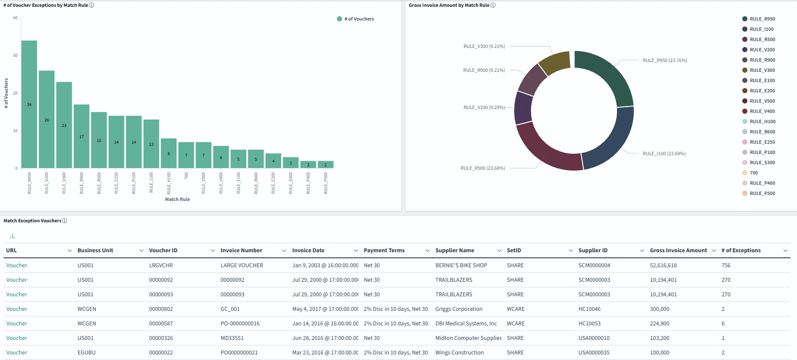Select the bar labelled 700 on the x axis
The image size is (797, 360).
(186, 155)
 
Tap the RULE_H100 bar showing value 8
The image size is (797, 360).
(168, 153)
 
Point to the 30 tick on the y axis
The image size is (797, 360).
(15, 56)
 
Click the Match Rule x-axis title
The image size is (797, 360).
(177, 199)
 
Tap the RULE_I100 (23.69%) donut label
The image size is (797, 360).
(664, 153)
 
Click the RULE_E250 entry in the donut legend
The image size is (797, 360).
(762, 142)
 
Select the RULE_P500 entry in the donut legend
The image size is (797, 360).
(762, 193)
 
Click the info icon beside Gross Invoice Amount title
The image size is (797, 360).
(493, 5)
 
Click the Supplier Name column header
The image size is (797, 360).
(455, 251)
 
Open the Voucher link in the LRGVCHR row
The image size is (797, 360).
(17, 266)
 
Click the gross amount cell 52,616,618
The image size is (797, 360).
(663, 266)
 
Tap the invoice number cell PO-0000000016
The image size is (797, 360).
(240, 324)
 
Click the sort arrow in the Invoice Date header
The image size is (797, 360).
(356, 251)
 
